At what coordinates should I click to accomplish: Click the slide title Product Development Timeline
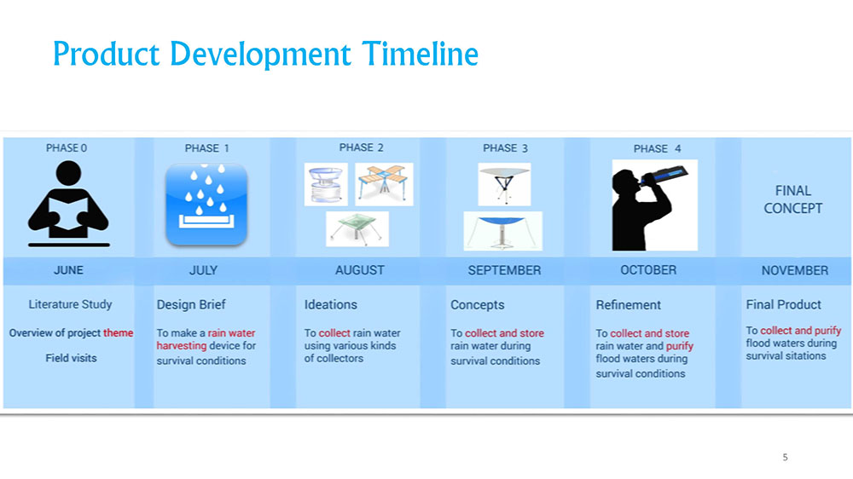tap(265, 55)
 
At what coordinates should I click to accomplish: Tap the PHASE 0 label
tap(67, 148)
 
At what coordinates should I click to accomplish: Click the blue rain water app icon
tap(206, 204)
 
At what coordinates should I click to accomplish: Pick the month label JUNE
tap(68, 270)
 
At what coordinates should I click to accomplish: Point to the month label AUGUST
tap(360, 270)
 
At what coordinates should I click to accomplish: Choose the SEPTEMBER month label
tap(504, 270)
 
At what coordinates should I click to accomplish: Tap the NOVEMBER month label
tap(795, 270)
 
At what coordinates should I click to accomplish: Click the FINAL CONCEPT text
tap(792, 199)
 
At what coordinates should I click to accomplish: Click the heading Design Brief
tap(191, 304)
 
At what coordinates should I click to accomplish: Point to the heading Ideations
tap(331, 304)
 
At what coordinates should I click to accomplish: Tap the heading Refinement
tap(629, 305)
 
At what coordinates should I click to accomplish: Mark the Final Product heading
tap(783, 304)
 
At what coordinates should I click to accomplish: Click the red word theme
tap(118, 332)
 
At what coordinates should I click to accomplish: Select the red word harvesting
tap(182, 346)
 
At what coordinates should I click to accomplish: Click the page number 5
tap(785, 457)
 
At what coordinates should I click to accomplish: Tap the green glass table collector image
tap(357, 229)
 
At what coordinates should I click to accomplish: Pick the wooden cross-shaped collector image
tap(384, 184)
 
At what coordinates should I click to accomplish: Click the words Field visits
tap(71, 358)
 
